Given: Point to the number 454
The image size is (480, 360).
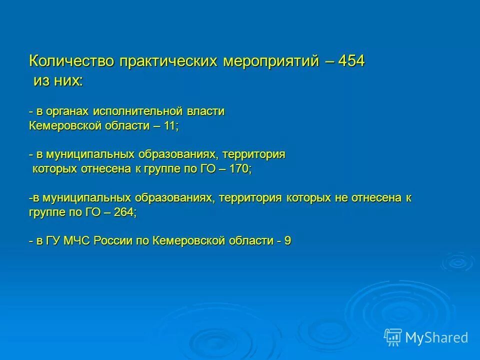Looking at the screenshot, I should click(x=351, y=61).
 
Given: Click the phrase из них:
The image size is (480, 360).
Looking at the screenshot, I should click(x=58, y=80).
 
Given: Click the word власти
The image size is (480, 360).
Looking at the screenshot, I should click(x=205, y=111).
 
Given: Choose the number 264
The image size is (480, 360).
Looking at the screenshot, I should click(x=123, y=212).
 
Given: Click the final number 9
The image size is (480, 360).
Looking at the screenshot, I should click(x=287, y=241).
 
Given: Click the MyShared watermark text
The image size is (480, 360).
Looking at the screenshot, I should click(x=436, y=337).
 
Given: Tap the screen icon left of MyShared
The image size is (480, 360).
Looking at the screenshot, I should click(x=393, y=337).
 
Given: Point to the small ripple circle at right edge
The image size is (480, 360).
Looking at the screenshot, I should click(x=457, y=261).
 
